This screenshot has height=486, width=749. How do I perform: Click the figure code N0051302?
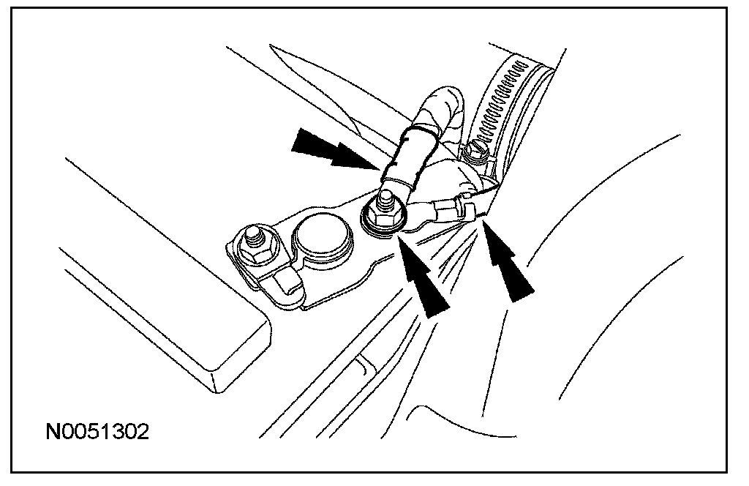(97, 431)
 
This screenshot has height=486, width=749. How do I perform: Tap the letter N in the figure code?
(53, 431)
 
